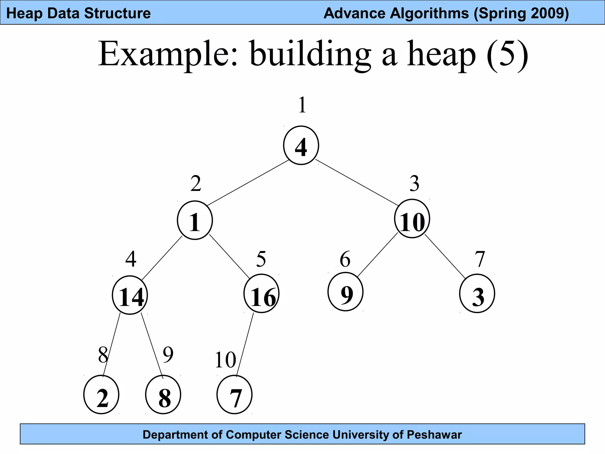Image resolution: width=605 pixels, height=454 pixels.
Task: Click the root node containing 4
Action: [301, 145]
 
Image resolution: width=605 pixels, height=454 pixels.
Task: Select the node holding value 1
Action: [195, 220]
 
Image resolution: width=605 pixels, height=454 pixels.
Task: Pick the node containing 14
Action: [130, 295]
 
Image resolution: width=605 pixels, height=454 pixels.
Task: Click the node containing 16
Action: [261, 294]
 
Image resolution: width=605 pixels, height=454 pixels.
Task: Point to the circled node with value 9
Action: [345, 292]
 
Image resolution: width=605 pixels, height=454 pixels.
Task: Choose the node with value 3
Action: [477, 294]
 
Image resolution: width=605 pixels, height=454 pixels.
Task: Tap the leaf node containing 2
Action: [101, 395]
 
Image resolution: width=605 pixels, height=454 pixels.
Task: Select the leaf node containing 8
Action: [163, 395]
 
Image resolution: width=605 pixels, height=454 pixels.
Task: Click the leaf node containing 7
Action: [235, 395]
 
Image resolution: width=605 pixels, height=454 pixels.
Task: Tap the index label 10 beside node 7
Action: [225, 360]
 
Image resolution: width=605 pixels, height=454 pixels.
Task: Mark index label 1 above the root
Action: [302, 105]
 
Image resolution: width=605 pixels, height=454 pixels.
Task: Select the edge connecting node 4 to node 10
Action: [357, 182]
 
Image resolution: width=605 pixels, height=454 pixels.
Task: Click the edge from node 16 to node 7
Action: [245, 344]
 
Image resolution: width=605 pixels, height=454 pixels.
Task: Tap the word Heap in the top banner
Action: [24, 14]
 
